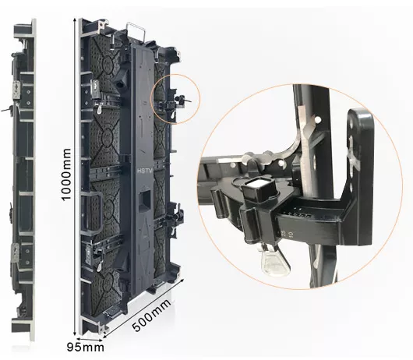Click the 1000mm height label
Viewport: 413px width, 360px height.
[66, 175]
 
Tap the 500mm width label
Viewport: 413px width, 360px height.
[152, 315]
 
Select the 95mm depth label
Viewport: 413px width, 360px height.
[86, 347]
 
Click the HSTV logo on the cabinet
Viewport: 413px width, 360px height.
[144, 171]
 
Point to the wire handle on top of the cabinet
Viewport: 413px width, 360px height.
[136, 31]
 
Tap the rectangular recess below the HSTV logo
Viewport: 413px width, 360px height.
[145, 200]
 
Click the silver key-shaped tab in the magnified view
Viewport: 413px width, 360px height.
[276, 261]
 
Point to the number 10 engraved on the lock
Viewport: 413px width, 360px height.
[291, 235]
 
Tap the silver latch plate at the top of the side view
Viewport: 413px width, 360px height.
[16, 90]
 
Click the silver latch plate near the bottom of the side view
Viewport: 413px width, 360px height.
[16, 253]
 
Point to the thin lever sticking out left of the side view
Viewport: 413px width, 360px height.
[6, 109]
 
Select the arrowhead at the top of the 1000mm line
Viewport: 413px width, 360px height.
[76, 20]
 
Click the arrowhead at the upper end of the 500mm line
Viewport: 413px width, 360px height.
[182, 281]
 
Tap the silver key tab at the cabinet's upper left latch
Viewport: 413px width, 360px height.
[100, 109]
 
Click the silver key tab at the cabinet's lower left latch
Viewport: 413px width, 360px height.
[99, 266]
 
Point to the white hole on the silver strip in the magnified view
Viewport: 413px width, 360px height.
[318, 120]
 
